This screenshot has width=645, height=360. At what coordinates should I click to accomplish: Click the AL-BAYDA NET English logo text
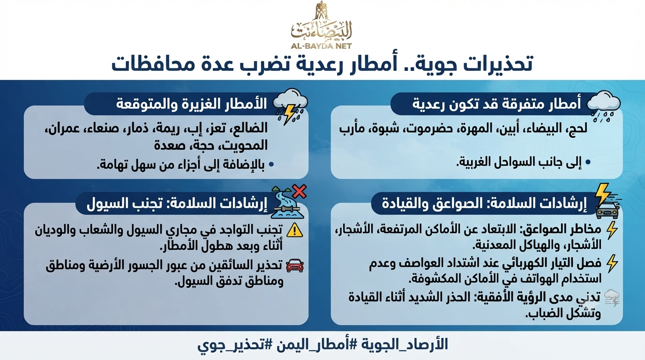pos(321,46)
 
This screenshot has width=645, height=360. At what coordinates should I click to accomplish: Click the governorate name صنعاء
pos(103,128)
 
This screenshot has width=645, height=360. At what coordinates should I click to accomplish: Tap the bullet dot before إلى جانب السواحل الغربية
pos(588,163)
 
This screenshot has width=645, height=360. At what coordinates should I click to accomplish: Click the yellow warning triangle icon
pos(295,230)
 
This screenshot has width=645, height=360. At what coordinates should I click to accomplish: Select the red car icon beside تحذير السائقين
pos(294,265)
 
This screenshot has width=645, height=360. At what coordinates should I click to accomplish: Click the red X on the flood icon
pos(300,191)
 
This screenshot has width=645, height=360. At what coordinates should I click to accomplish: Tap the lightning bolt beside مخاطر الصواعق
pos(612,231)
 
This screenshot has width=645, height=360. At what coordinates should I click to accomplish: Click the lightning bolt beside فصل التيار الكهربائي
pos(612,263)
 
